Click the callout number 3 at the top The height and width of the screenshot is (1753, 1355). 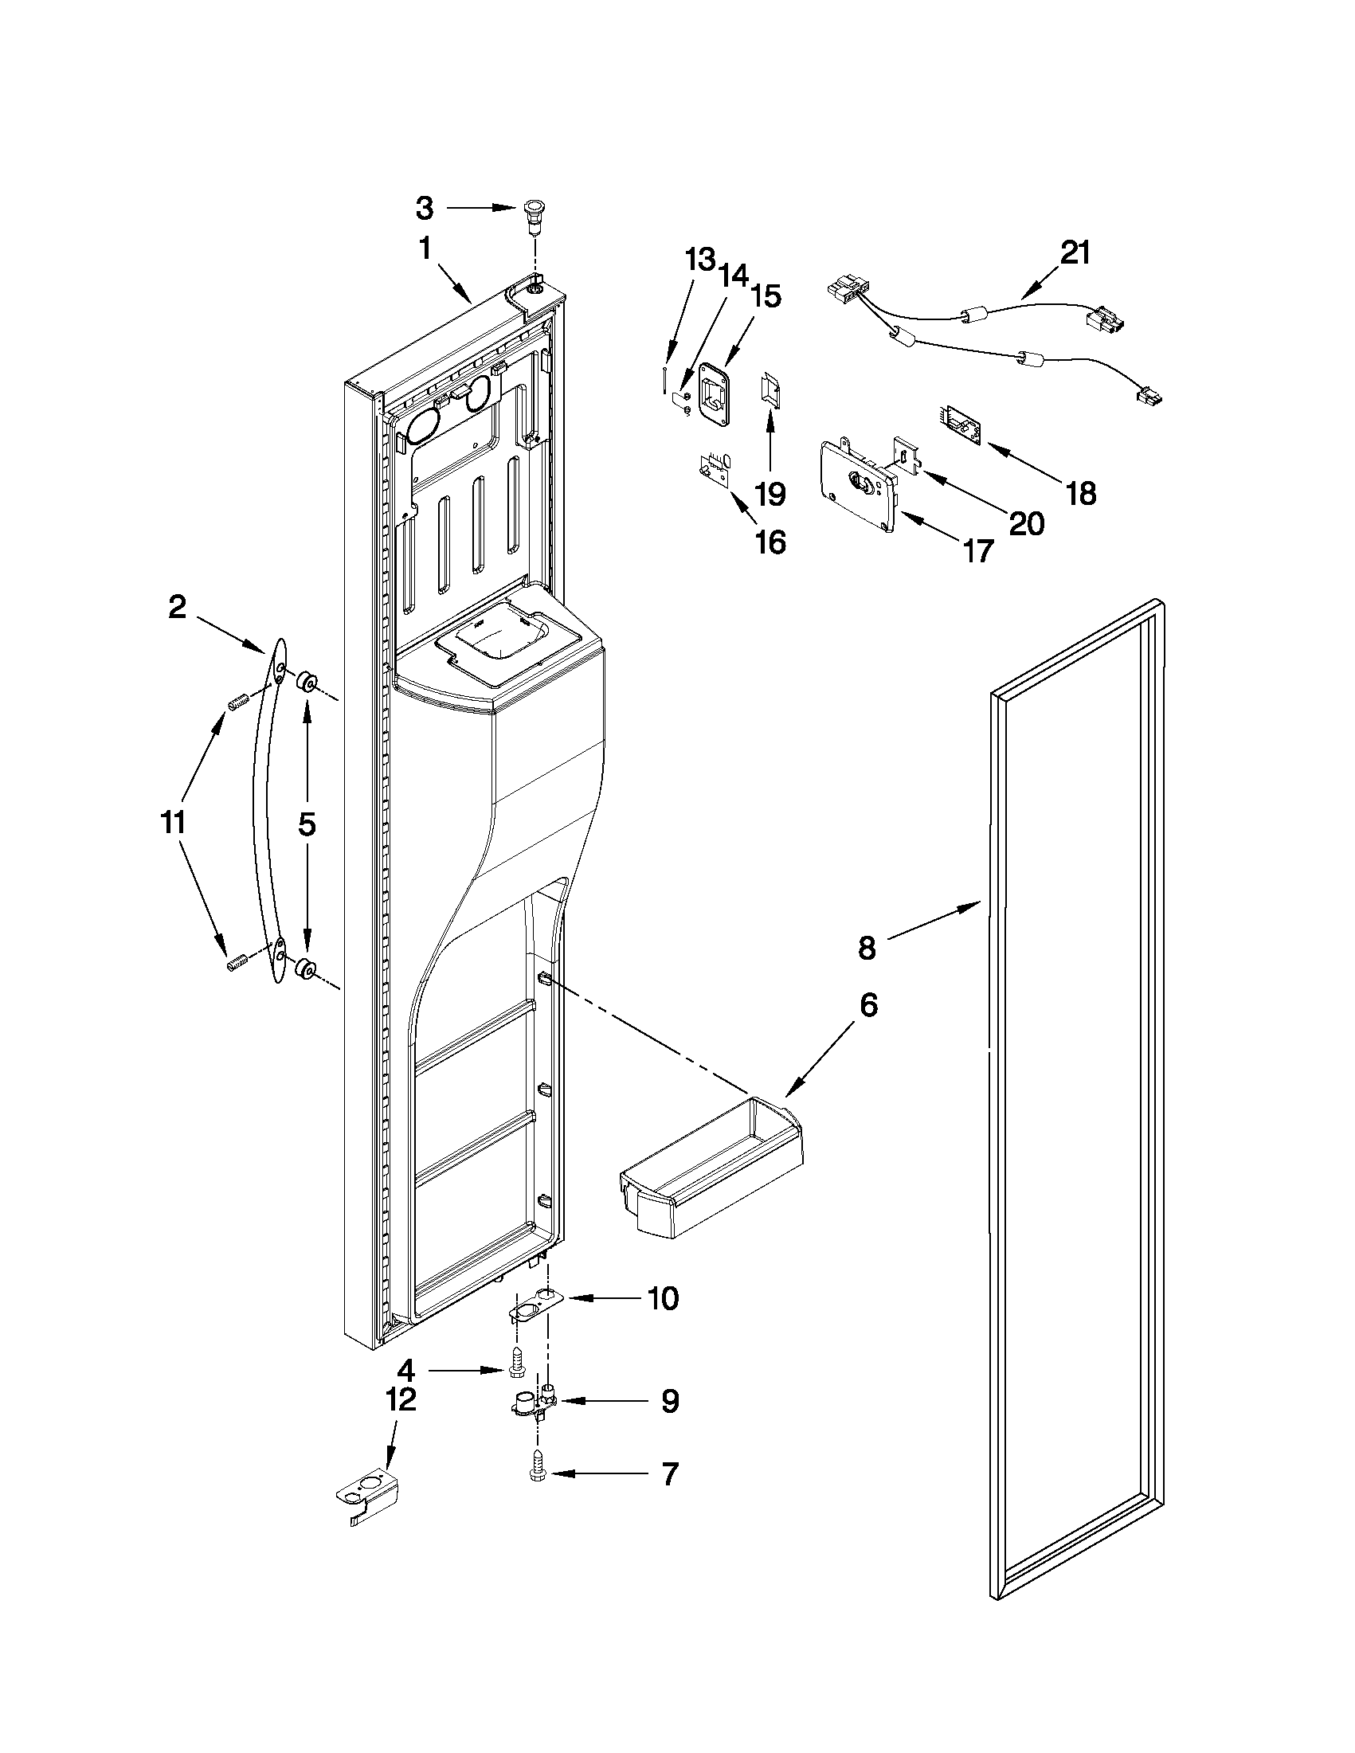[x=425, y=209]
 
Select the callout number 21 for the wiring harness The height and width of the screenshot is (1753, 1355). [x=1075, y=252]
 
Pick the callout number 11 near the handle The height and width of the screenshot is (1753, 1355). [x=173, y=822]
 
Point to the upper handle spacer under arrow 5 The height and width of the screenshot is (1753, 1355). [x=306, y=683]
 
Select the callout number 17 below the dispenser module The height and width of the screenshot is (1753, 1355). [x=977, y=551]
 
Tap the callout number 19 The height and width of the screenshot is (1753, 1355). [x=770, y=494]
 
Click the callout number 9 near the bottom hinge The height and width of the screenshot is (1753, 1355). [x=669, y=1402]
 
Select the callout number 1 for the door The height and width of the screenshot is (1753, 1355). [x=425, y=250]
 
